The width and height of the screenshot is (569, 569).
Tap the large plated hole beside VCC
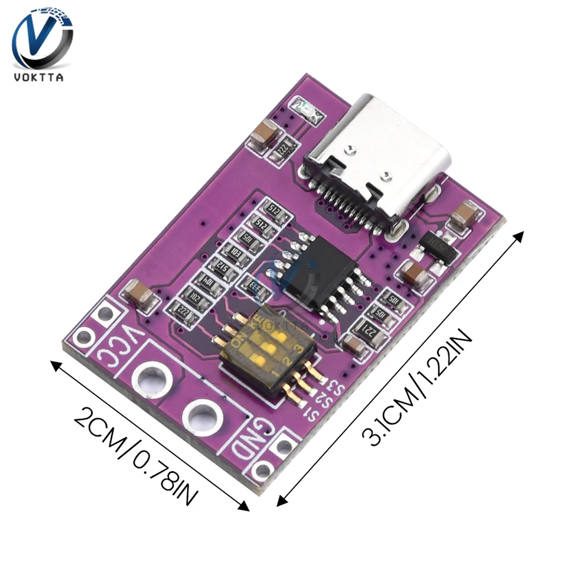[x=151, y=377]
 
